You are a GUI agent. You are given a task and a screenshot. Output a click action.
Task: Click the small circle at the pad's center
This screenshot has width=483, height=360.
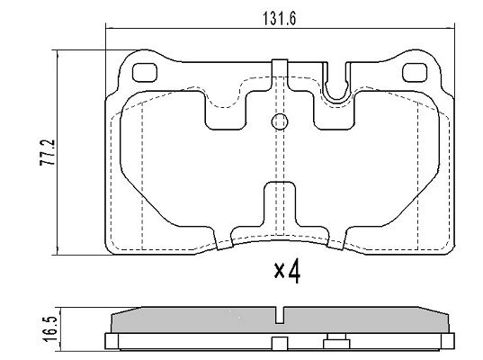(279, 122)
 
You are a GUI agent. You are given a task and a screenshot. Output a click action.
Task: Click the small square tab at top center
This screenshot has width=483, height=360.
(279, 65)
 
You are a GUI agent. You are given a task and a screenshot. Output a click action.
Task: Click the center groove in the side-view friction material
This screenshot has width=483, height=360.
(280, 315)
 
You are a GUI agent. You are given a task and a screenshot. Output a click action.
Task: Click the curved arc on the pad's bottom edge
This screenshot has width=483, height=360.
(279, 236)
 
